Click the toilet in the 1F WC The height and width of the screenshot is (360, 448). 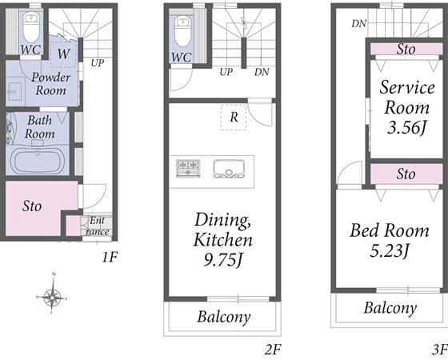click(31, 27)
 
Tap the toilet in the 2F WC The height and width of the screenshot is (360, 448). click(182, 31)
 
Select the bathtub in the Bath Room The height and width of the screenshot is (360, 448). click(38, 161)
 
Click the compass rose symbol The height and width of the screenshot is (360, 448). click(52, 298)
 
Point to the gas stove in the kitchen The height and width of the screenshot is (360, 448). click(188, 169)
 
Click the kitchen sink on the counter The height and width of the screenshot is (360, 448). click(228, 169)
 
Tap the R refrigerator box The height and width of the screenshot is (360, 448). click(234, 117)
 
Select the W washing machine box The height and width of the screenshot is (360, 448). click(63, 54)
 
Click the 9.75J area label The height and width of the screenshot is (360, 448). click(223, 260)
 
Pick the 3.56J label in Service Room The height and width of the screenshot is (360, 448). click(406, 127)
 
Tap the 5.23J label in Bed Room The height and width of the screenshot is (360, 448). click(389, 251)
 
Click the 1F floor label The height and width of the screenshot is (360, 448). click(110, 258)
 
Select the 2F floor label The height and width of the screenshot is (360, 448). click(273, 349)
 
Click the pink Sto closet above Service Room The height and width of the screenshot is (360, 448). click(406, 49)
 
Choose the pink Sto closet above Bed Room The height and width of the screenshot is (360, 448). click(406, 174)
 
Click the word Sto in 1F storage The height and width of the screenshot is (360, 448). click(32, 206)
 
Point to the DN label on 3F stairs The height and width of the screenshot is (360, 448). click(359, 24)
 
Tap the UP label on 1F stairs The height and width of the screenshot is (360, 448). click(98, 63)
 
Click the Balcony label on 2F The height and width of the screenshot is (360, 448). click(224, 317)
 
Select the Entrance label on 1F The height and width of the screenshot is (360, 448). click(98, 226)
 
